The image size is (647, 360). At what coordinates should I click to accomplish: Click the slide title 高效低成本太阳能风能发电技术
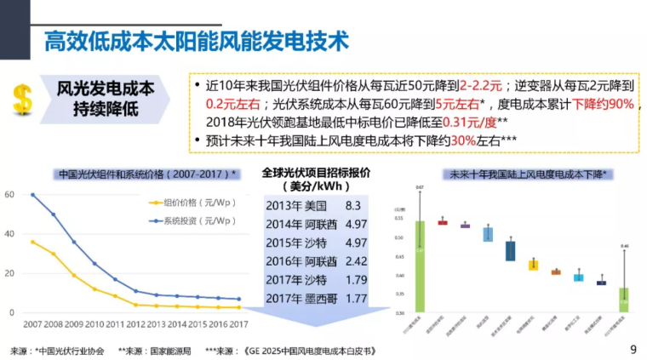tap(196, 40)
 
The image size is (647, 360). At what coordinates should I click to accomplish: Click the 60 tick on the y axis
tap(9, 195)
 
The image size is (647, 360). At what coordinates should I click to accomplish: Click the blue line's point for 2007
tap(32, 195)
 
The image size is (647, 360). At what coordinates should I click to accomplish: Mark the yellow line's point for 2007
tap(32, 242)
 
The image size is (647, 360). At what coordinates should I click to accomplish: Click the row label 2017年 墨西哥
tap(301, 298)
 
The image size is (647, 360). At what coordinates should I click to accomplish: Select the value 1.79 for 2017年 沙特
tap(358, 280)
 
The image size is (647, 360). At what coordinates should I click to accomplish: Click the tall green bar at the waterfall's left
tap(420, 264)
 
